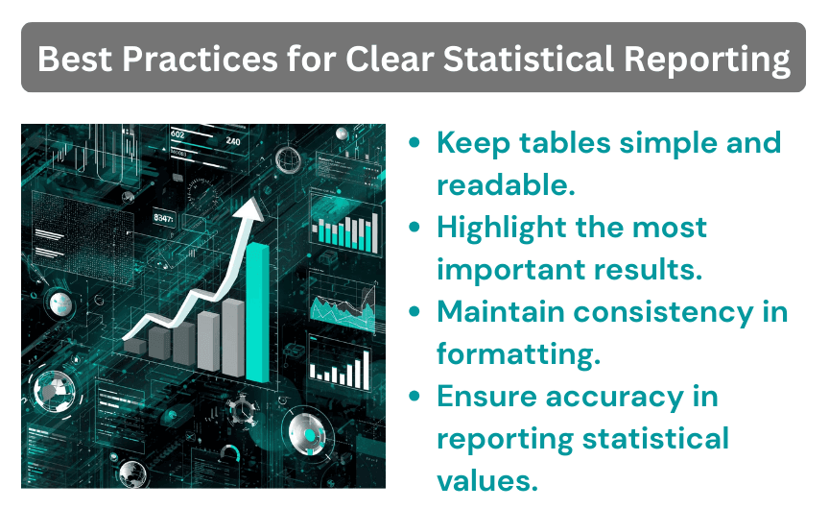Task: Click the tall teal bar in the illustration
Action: coord(258,312)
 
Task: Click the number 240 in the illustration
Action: coord(233,141)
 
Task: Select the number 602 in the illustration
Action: coord(178,134)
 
